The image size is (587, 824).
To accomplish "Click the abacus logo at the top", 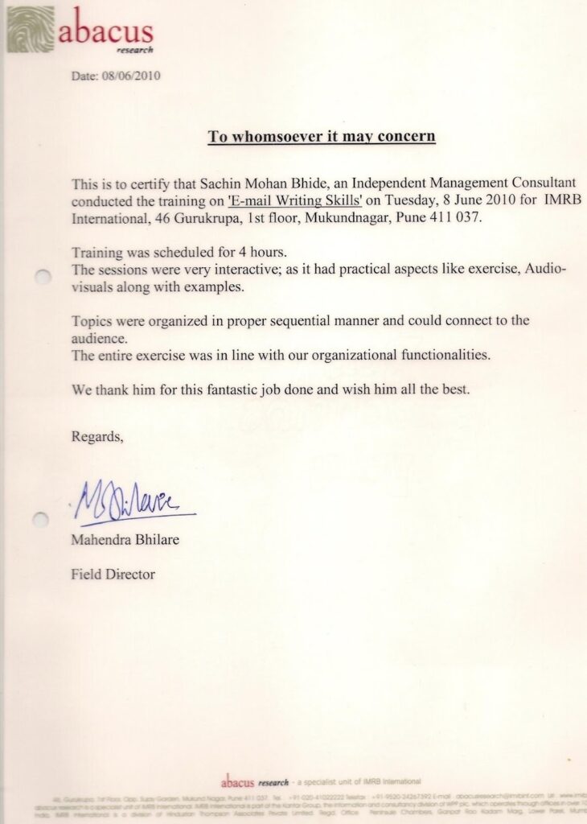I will coord(80,31).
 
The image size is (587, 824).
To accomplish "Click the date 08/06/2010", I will coord(117,77).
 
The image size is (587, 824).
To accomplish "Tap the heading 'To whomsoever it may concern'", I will coord(322,136).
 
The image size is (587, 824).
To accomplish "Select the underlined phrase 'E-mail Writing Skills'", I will coord(295,200).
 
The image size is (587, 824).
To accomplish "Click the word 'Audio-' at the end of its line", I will coord(546,269).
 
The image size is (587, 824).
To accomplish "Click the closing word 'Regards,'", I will coord(98,438).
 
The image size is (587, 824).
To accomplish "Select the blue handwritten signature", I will coord(133,500).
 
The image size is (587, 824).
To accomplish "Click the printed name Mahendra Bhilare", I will coord(125,540).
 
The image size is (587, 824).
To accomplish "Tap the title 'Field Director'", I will coord(113,575).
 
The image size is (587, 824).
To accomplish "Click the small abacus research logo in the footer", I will coord(254,781).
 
